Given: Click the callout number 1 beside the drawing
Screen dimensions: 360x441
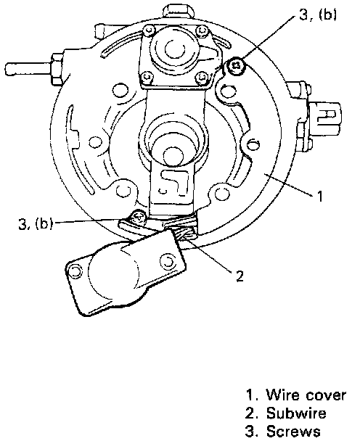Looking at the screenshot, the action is [x=319, y=196].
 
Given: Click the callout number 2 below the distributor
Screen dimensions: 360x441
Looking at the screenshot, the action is [x=240, y=276].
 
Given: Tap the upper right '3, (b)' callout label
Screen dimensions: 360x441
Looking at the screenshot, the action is [x=318, y=14].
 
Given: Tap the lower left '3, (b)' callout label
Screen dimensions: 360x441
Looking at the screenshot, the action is [x=35, y=223].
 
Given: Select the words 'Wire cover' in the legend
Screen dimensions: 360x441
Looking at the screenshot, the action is [x=306, y=395].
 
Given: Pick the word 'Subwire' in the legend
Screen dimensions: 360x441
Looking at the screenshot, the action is [x=296, y=413].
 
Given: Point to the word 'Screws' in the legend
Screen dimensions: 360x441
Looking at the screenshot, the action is [x=293, y=431].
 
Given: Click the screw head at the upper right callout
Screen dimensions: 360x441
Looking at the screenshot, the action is [x=236, y=66].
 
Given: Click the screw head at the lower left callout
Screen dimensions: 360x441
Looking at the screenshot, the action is [x=138, y=218].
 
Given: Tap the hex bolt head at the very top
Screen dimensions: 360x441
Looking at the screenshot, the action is [x=178, y=11].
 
